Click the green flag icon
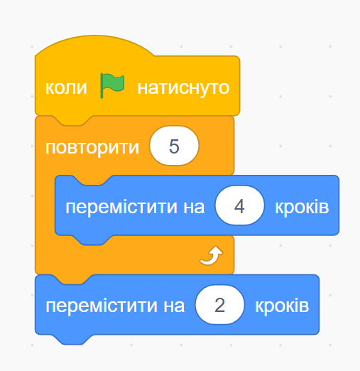click(112, 85)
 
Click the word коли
click(66, 88)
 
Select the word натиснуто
click(183, 88)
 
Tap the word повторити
click(92, 148)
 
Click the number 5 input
click(174, 146)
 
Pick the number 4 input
click(239, 205)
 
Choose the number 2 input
click(219, 305)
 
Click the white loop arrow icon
click(212, 255)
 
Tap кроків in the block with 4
click(302, 207)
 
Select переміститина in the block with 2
click(115, 306)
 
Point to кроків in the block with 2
click(282, 306)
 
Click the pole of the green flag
click(102, 86)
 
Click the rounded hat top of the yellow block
click(94, 45)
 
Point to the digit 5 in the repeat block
click(174, 146)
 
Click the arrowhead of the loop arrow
click(217, 251)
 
